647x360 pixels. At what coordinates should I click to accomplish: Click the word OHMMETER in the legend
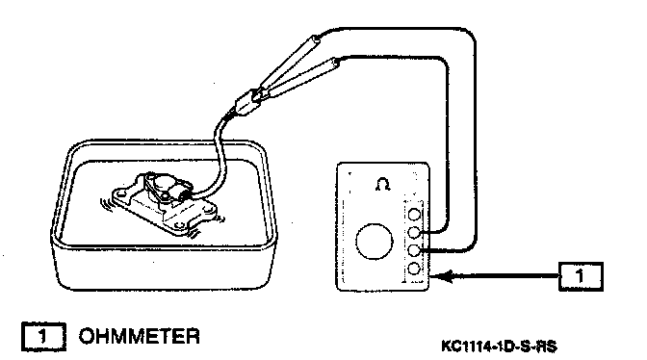pos(139,336)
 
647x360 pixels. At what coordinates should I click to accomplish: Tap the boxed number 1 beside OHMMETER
pos(43,336)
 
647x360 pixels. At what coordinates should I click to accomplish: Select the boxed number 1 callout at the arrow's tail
pos(581,276)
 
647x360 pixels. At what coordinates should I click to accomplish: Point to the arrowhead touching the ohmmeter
pos(439,276)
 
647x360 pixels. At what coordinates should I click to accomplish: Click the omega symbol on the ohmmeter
pos(383,184)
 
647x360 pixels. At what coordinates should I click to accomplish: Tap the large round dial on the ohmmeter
pos(375,242)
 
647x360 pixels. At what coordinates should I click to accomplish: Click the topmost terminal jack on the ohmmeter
pos(414,215)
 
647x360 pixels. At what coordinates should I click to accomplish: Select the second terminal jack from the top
pos(414,232)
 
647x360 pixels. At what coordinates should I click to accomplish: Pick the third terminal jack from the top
pos(414,250)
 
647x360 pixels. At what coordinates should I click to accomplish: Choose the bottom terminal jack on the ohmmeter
pos(414,269)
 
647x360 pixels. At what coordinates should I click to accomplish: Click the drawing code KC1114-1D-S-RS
pos(499,346)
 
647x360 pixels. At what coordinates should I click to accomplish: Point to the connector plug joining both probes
pos(247,101)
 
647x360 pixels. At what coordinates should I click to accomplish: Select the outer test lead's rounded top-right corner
pos(470,37)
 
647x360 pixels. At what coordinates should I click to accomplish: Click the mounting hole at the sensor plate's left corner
pos(119,193)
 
